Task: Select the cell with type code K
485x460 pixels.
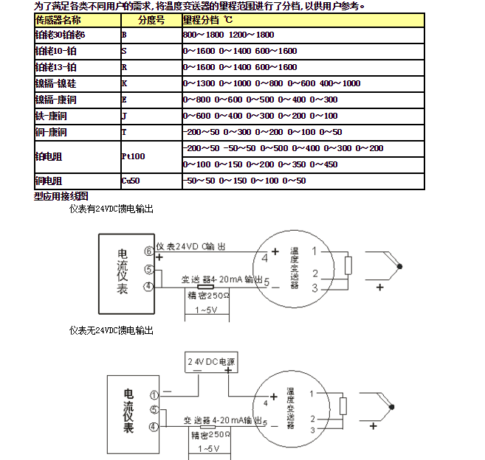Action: point(151,83)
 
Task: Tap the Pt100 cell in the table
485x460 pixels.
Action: point(151,156)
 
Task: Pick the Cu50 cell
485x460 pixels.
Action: point(151,181)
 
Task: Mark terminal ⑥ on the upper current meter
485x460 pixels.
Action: point(148,251)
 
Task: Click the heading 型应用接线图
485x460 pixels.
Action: point(61,196)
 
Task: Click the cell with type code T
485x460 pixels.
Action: point(151,132)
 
